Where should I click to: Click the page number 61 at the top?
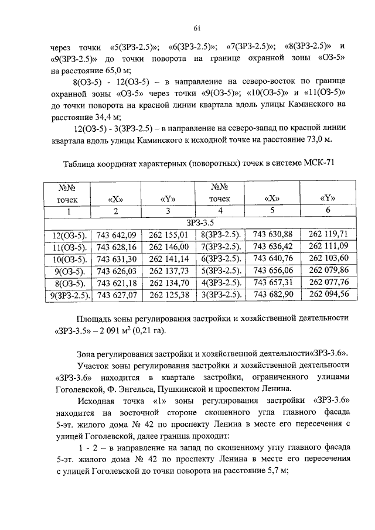[197, 28]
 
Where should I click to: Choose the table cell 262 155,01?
[169, 235]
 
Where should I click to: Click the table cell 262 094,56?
[328, 294]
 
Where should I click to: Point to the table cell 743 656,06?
[272, 271]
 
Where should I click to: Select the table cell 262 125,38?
[169, 295]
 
